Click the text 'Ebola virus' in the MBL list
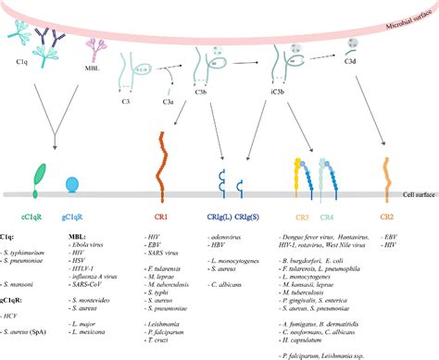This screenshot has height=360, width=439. click(x=87, y=243)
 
